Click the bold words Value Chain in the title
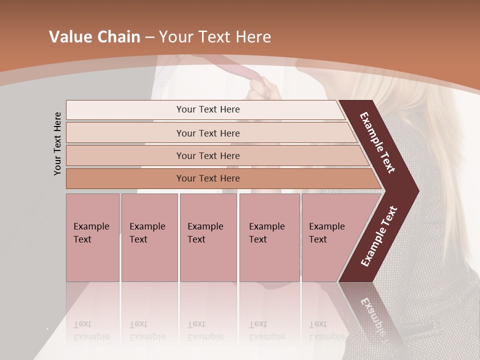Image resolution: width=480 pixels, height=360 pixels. point(94,37)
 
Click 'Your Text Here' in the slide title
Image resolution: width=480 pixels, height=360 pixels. point(215,37)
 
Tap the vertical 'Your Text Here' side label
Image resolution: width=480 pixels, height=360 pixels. point(57,143)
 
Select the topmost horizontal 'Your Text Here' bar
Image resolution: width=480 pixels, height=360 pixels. point(207,109)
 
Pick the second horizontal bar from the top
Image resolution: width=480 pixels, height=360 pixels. point(207,133)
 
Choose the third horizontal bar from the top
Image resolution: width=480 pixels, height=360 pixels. point(207,155)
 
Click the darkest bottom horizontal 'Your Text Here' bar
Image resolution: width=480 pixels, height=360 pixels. point(207,178)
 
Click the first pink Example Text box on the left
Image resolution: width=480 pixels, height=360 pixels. point(92,237)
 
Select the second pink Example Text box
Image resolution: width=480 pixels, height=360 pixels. point(149,237)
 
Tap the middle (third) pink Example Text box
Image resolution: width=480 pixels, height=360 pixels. point(208,237)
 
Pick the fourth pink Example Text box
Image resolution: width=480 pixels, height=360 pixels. point(269,237)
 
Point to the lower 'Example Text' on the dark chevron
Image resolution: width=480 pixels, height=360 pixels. point(379,236)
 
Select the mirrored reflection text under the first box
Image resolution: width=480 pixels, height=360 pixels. point(91,330)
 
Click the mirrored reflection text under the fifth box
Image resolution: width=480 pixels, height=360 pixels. point(326,330)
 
